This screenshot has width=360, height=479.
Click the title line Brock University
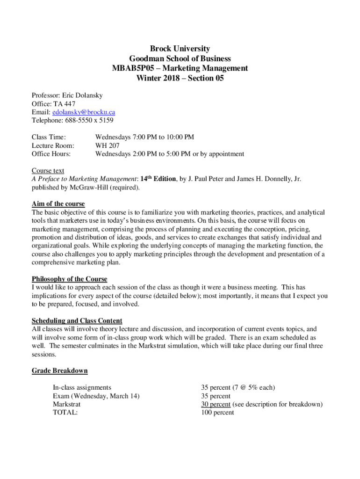(180, 49)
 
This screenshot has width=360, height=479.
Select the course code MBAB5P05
(130, 68)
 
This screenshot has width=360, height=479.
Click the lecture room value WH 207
(108, 145)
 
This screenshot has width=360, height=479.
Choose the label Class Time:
(49, 137)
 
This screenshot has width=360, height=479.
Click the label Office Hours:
(51, 154)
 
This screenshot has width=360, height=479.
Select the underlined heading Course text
(48, 171)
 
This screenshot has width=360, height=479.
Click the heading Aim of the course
(58, 204)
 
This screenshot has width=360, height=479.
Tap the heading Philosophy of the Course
(69, 279)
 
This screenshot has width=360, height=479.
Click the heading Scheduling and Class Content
(77, 321)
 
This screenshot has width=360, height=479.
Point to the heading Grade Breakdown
(59, 371)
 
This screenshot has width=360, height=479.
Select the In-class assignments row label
(82, 387)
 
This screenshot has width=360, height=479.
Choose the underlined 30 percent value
(216, 404)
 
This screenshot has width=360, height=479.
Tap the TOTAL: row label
(65, 413)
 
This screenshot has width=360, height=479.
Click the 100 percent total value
(217, 413)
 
